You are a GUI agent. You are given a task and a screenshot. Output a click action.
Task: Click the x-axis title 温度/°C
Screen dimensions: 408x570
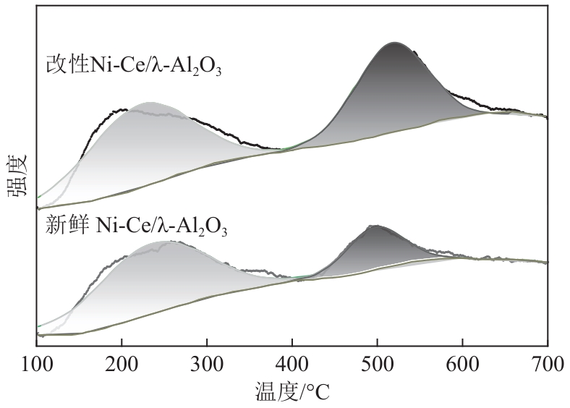pyautogui.click(x=292, y=392)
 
